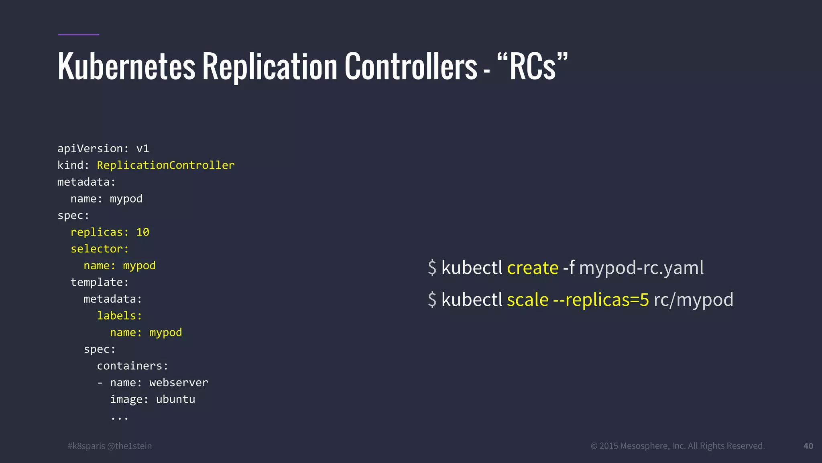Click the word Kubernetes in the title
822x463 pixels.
(x=126, y=67)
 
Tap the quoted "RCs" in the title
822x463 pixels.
(x=533, y=67)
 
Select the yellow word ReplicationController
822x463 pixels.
(x=165, y=165)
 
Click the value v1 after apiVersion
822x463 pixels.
(x=142, y=149)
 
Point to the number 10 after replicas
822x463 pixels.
(x=142, y=232)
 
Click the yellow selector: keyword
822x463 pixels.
(x=100, y=249)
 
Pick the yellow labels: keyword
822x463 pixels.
(x=119, y=316)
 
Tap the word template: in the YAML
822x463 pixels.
(x=100, y=283)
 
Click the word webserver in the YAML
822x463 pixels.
(x=179, y=383)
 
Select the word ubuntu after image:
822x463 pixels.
(x=175, y=399)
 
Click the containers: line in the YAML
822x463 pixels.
(x=132, y=366)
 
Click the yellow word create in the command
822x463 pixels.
(x=533, y=268)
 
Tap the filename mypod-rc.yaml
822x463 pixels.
(x=641, y=268)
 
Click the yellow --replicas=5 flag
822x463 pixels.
(x=601, y=300)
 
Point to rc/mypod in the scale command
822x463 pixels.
(x=693, y=300)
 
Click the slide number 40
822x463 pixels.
(x=808, y=446)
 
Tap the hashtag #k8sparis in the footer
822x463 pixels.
(x=86, y=446)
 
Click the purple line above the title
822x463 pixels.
(x=78, y=35)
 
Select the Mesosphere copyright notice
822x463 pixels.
(x=678, y=446)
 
